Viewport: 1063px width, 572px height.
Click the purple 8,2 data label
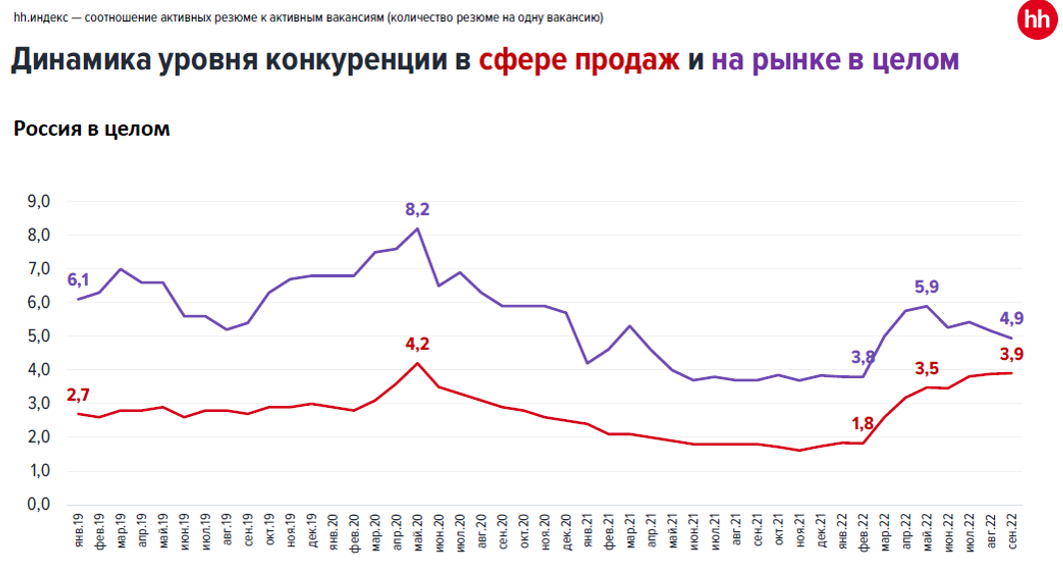(x=417, y=209)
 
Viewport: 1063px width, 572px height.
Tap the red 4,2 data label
(x=417, y=346)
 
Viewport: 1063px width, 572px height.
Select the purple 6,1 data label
(x=78, y=280)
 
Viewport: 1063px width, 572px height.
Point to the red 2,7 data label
(x=78, y=394)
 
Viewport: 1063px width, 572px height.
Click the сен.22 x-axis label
(x=1014, y=539)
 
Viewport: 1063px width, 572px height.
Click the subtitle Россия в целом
(x=91, y=129)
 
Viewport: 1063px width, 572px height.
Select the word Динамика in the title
(x=80, y=61)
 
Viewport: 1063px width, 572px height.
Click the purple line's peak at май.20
(x=418, y=228)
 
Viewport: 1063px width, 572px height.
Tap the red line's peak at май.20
(x=418, y=362)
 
